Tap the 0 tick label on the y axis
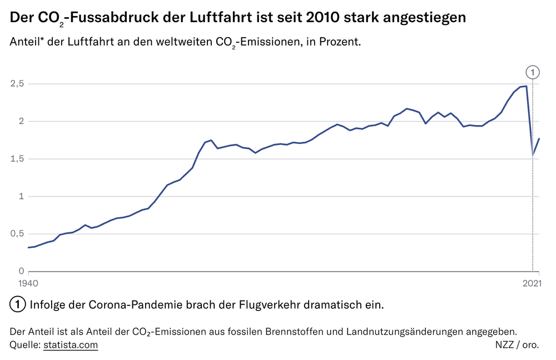(x=21, y=271)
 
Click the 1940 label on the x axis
(x=28, y=283)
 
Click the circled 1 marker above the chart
(x=533, y=72)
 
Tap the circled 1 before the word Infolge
(x=18, y=304)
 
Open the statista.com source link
(x=70, y=345)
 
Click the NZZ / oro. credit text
(x=517, y=345)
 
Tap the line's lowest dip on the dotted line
(x=533, y=155)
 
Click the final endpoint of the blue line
(x=539, y=138)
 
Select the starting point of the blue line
(x=28, y=247)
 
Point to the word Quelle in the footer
(x=24, y=345)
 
